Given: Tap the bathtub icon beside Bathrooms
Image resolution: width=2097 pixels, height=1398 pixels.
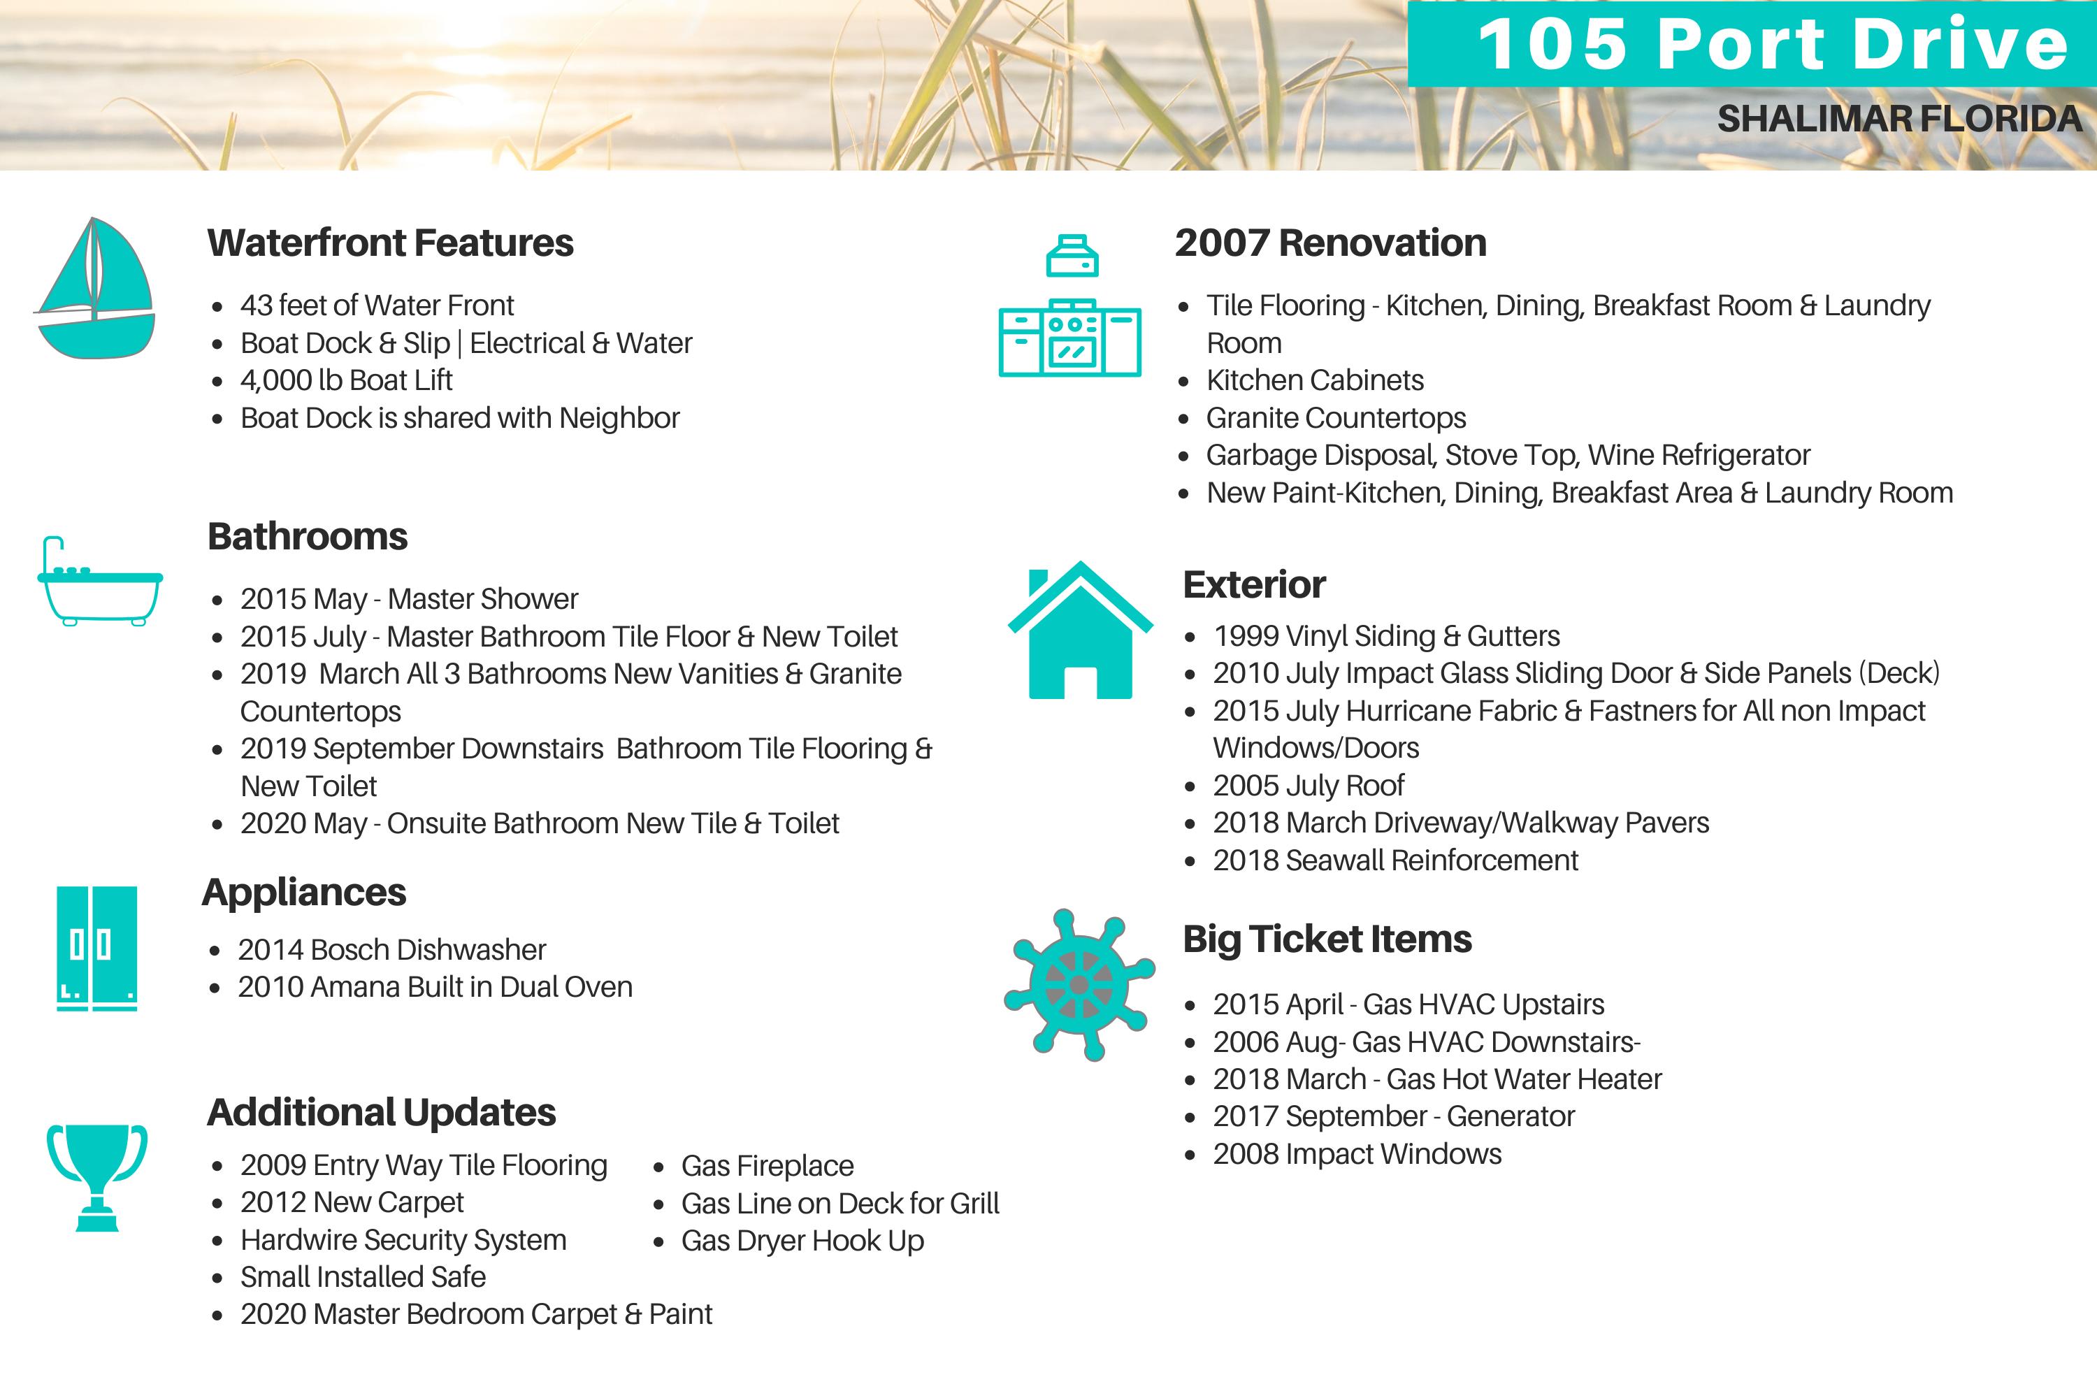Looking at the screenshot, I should pos(100,582).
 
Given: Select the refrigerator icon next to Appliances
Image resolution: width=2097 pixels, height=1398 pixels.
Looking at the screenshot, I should pos(96,948).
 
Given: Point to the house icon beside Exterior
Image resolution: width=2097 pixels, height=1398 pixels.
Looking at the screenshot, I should pos(1080,630).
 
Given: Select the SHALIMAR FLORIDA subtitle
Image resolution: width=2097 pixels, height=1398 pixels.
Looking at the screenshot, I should pos(1899,120).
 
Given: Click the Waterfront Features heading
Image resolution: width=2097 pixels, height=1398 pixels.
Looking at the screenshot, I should pos(391,243).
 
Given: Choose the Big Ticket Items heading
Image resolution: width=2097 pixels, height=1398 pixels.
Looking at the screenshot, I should pos(1327,939).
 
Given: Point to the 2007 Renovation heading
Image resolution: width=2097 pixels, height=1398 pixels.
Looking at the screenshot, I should pos(1330,243).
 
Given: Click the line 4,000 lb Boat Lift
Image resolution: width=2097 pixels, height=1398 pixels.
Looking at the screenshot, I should pos(346,381).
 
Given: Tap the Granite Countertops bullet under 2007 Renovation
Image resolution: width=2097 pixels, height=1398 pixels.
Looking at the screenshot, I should pos(1336,418).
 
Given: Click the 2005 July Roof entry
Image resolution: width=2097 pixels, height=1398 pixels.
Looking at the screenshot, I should pos(1308,786).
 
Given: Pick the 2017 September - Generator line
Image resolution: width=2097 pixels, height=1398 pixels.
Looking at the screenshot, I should pos(1394,1116).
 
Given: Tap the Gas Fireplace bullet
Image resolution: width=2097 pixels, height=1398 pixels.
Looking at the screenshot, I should pos(767,1166).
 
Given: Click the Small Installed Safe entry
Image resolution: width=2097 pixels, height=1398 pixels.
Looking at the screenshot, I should pos(363,1278).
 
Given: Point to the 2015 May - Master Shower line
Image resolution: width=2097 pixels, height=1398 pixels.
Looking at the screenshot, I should pos(409,599).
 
